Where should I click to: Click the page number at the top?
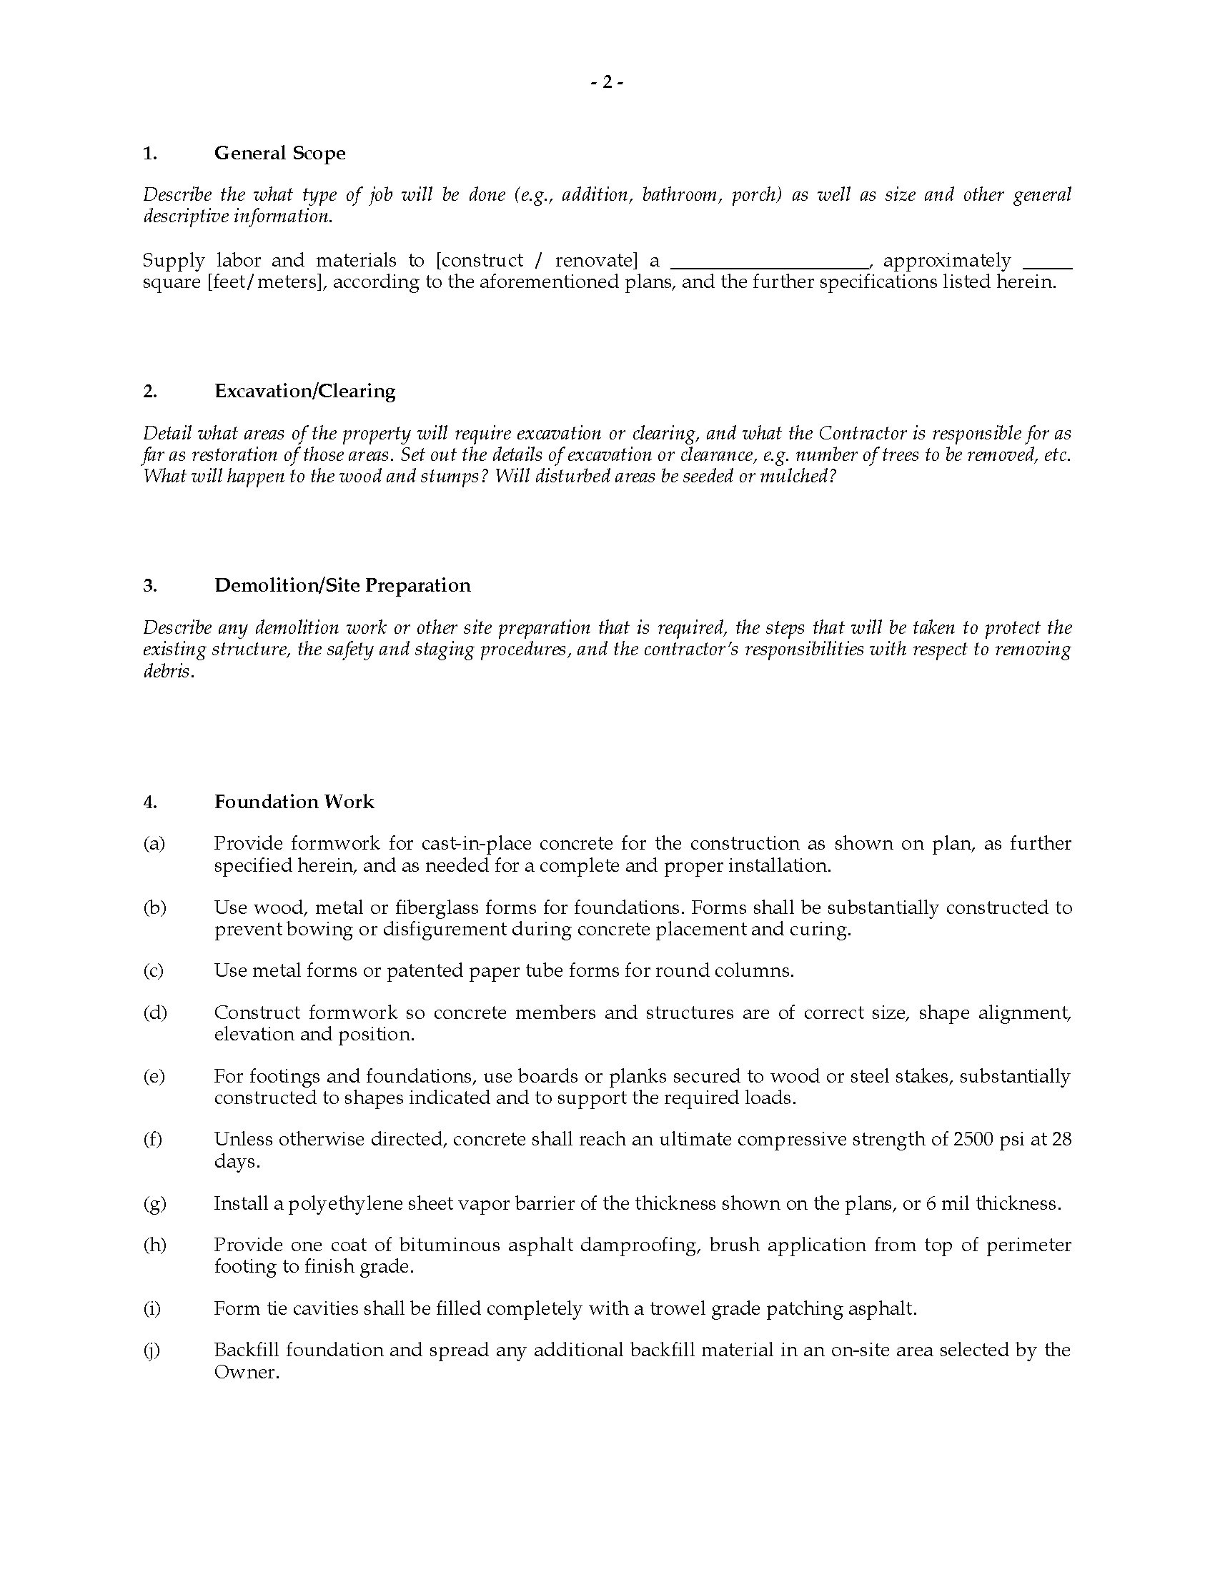pos(607,83)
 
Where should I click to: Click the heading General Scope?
pos(280,154)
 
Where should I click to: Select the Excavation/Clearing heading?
pos(304,391)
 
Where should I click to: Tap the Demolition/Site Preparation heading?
pos(342,585)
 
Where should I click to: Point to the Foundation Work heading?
pos(294,802)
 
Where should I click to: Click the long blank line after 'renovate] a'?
pos(770,261)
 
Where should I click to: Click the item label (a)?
pos(154,844)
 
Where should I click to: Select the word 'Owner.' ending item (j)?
pos(246,1372)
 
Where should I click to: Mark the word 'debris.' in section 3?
pos(169,672)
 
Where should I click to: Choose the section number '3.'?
pos(149,585)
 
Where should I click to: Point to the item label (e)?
pos(154,1076)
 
